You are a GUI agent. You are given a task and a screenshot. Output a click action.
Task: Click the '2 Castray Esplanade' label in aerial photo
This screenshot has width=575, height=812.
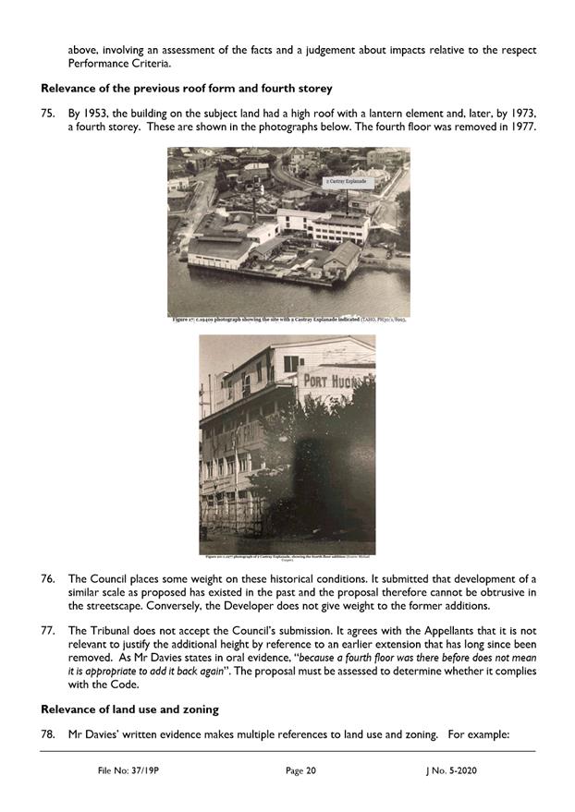(x=341, y=183)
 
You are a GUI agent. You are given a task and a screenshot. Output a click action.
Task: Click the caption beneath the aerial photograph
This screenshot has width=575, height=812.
(x=287, y=320)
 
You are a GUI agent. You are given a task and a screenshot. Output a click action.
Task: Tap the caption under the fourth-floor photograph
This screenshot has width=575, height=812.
(x=287, y=557)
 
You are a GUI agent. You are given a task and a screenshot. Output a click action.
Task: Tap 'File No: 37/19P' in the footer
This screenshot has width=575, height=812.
(x=130, y=769)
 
